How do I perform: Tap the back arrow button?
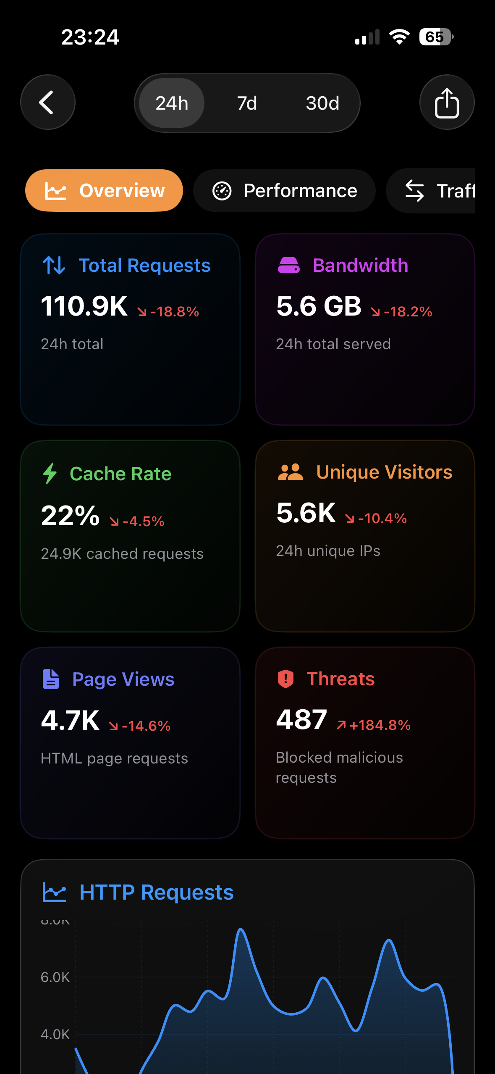pyautogui.click(x=47, y=102)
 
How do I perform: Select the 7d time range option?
pyautogui.click(x=247, y=103)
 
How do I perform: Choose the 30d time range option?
pyautogui.click(x=322, y=103)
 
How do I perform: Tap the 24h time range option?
pyautogui.click(x=172, y=103)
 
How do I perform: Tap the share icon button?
pyautogui.click(x=447, y=103)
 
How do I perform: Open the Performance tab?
pyautogui.click(x=284, y=191)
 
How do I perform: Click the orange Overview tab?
pyautogui.click(x=104, y=191)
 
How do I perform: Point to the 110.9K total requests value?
pyautogui.click(x=84, y=306)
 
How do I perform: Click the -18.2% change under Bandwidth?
pyautogui.click(x=402, y=311)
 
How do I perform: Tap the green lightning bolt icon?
pyautogui.click(x=50, y=473)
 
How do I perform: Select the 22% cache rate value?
pyautogui.click(x=70, y=516)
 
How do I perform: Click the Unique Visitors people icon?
pyautogui.click(x=290, y=472)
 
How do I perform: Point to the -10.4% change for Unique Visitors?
pyautogui.click(x=377, y=519)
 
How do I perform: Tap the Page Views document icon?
pyautogui.click(x=51, y=679)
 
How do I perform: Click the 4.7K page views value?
pyautogui.click(x=70, y=721)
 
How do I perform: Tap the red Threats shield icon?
pyautogui.click(x=285, y=679)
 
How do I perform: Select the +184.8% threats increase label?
pyautogui.click(x=374, y=725)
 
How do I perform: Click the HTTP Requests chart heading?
pyautogui.click(x=156, y=892)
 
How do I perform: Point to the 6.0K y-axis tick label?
pyautogui.click(x=55, y=977)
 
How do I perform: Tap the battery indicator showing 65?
pyautogui.click(x=436, y=37)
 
